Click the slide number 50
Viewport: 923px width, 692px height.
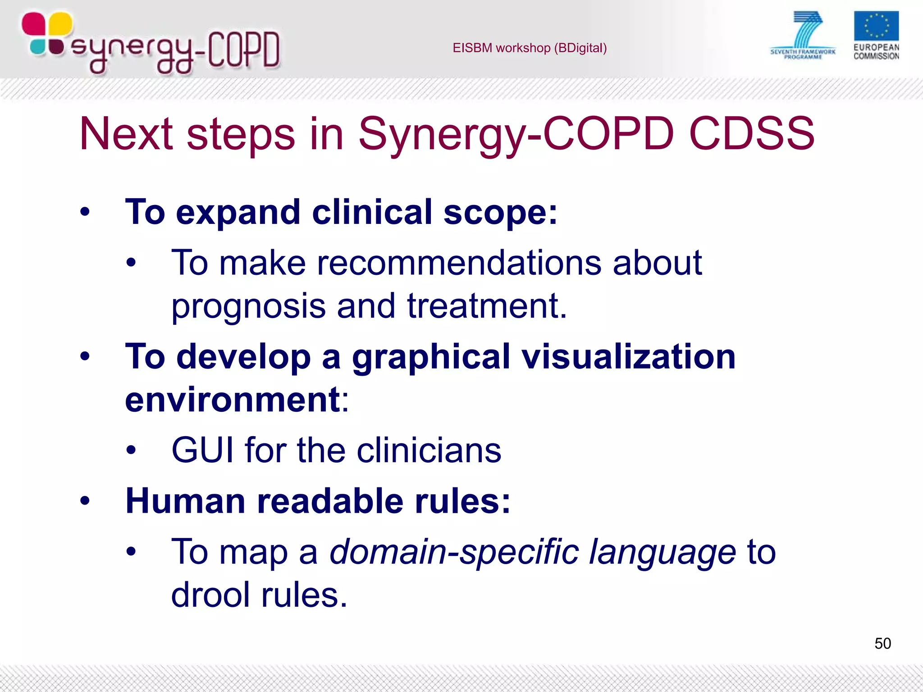tap(882, 643)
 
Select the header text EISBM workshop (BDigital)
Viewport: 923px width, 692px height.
tap(530, 48)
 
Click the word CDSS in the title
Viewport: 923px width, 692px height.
tap(751, 134)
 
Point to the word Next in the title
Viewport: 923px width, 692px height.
tap(126, 134)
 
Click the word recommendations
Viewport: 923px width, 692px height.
tap(459, 263)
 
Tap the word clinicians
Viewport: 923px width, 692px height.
tap(429, 450)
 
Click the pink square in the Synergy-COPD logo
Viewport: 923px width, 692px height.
tap(34, 23)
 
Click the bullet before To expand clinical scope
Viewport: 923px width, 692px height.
tap(85, 212)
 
